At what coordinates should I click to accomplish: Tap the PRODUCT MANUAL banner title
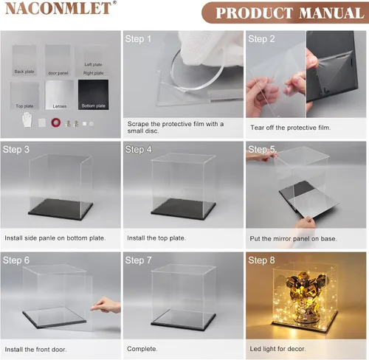290,13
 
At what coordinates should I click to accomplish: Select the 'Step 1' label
138,39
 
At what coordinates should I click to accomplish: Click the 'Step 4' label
138,150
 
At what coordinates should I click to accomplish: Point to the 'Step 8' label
261,260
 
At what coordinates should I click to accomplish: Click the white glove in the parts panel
27,120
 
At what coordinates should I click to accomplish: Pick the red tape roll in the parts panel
56,122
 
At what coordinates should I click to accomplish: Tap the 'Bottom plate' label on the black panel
94,105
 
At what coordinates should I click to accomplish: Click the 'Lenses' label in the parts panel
60,106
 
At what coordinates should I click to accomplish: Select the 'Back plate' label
24,72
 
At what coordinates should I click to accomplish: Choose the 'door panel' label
58,73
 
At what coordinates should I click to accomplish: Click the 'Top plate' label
24,106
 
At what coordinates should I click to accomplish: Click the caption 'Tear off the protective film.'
290,128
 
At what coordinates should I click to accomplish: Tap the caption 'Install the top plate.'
156,238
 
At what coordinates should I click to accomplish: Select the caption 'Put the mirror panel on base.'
293,238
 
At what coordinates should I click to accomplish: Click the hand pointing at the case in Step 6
106,305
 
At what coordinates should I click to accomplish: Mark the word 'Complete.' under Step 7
142,349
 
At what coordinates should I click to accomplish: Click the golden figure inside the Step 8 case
305,295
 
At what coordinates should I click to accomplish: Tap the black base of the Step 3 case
61,209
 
